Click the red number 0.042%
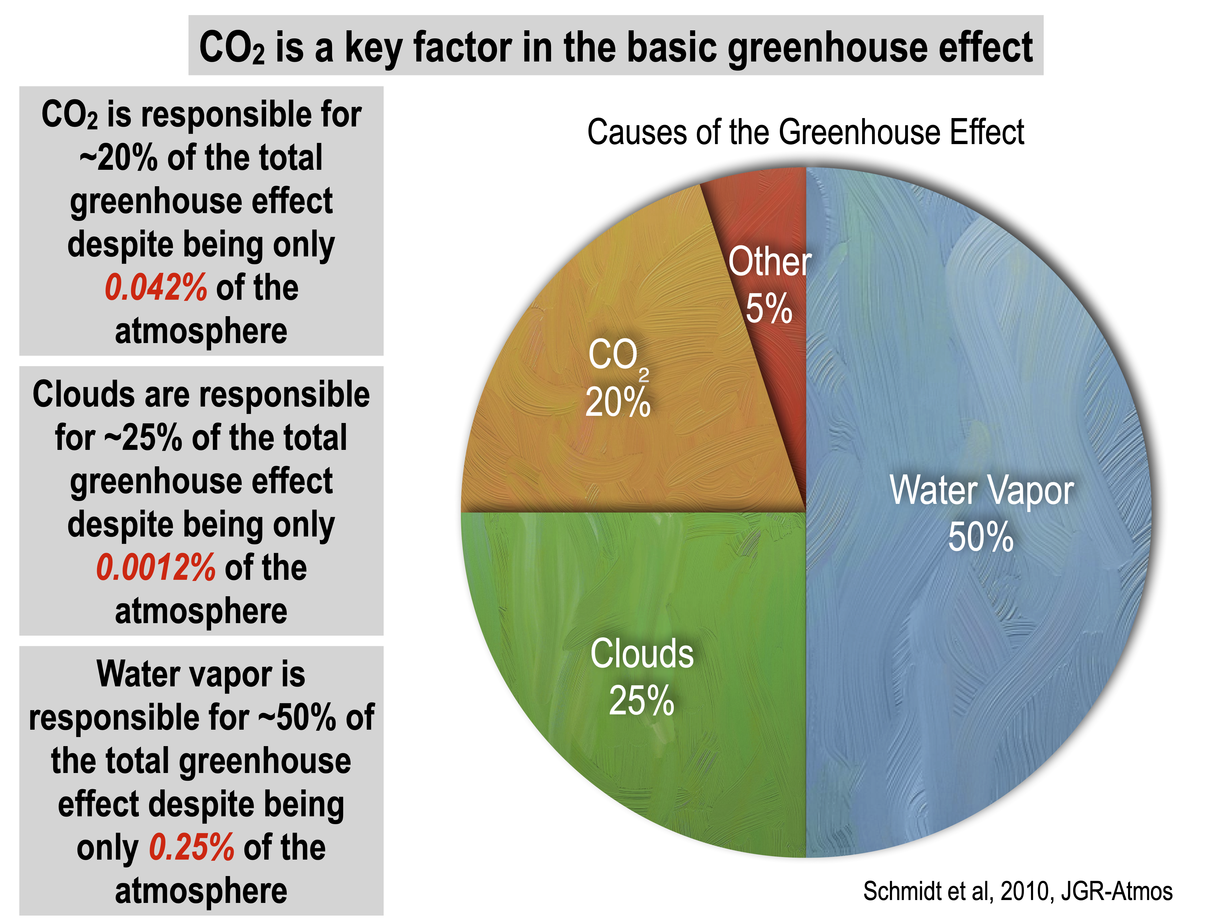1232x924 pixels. (x=156, y=288)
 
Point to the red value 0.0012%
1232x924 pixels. (x=156, y=568)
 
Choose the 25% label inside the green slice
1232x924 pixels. (x=642, y=701)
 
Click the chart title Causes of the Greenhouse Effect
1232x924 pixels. (x=805, y=133)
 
